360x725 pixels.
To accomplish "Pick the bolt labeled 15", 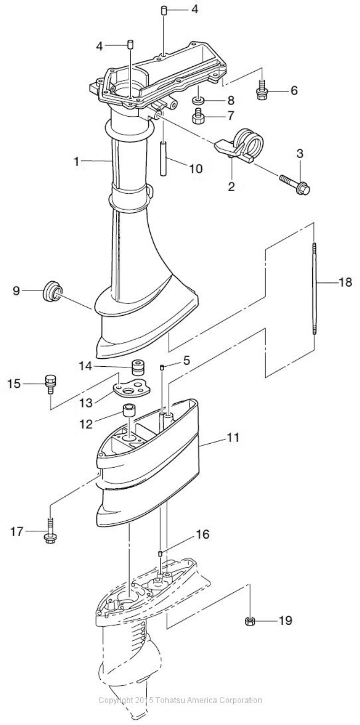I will point(50,384).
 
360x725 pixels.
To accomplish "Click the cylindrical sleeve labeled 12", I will point(129,411).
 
